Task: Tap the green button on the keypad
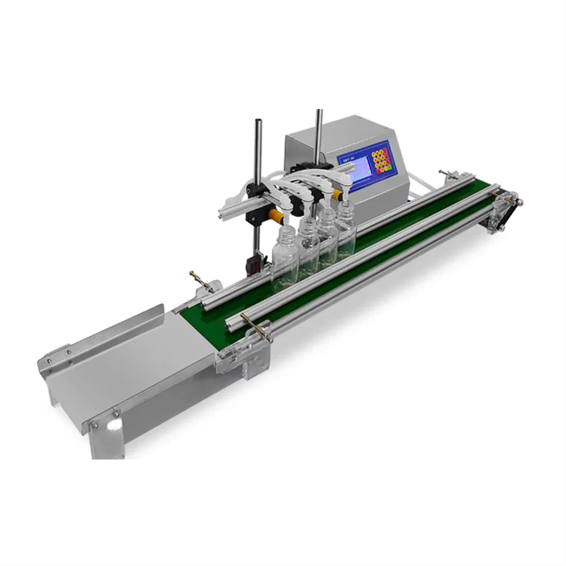coord(390,169)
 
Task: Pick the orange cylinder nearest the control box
coord(336,195)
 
